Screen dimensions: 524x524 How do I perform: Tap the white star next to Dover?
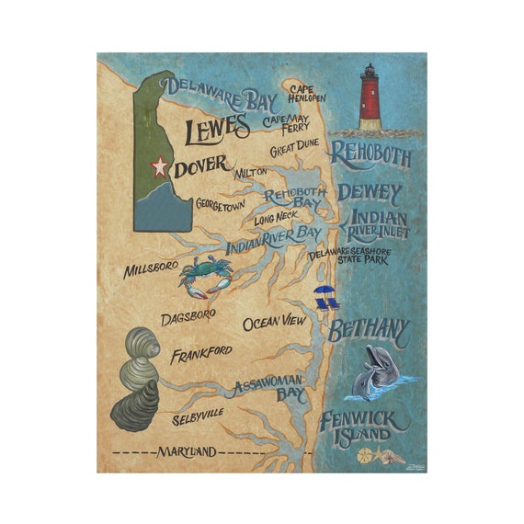160,167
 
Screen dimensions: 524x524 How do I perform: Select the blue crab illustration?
205,277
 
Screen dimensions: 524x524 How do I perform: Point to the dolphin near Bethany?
378,370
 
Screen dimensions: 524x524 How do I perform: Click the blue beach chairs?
325,296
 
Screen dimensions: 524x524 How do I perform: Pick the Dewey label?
370,193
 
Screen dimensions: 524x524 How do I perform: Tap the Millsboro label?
152,271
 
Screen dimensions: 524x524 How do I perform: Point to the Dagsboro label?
188,314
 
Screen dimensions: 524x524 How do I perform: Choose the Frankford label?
200,352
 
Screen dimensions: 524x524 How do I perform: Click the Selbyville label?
198,417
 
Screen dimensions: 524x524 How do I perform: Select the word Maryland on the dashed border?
186,451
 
